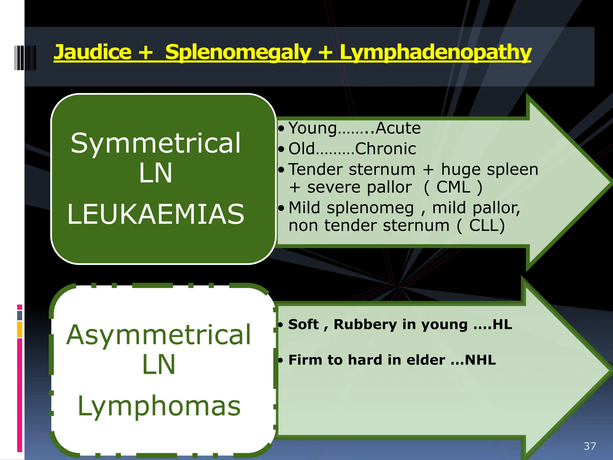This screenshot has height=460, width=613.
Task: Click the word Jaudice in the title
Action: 92,52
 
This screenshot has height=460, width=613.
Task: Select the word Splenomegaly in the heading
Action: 238,53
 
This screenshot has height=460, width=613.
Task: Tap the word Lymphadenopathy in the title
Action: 436,53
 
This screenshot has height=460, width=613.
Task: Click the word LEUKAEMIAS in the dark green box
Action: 156,214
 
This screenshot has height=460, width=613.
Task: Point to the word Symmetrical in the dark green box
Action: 156,143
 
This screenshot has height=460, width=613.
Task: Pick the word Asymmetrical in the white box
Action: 159,335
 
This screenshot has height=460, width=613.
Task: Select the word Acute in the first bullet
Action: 398,128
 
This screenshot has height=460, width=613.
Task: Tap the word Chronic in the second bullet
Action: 386,149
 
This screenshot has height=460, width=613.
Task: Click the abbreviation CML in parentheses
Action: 453,187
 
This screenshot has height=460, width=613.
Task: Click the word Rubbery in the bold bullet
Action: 365,325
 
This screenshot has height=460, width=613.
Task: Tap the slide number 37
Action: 590,446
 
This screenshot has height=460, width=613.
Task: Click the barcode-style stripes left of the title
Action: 25,58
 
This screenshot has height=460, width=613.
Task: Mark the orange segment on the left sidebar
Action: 20,329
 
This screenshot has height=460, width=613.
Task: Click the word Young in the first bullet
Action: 312,128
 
